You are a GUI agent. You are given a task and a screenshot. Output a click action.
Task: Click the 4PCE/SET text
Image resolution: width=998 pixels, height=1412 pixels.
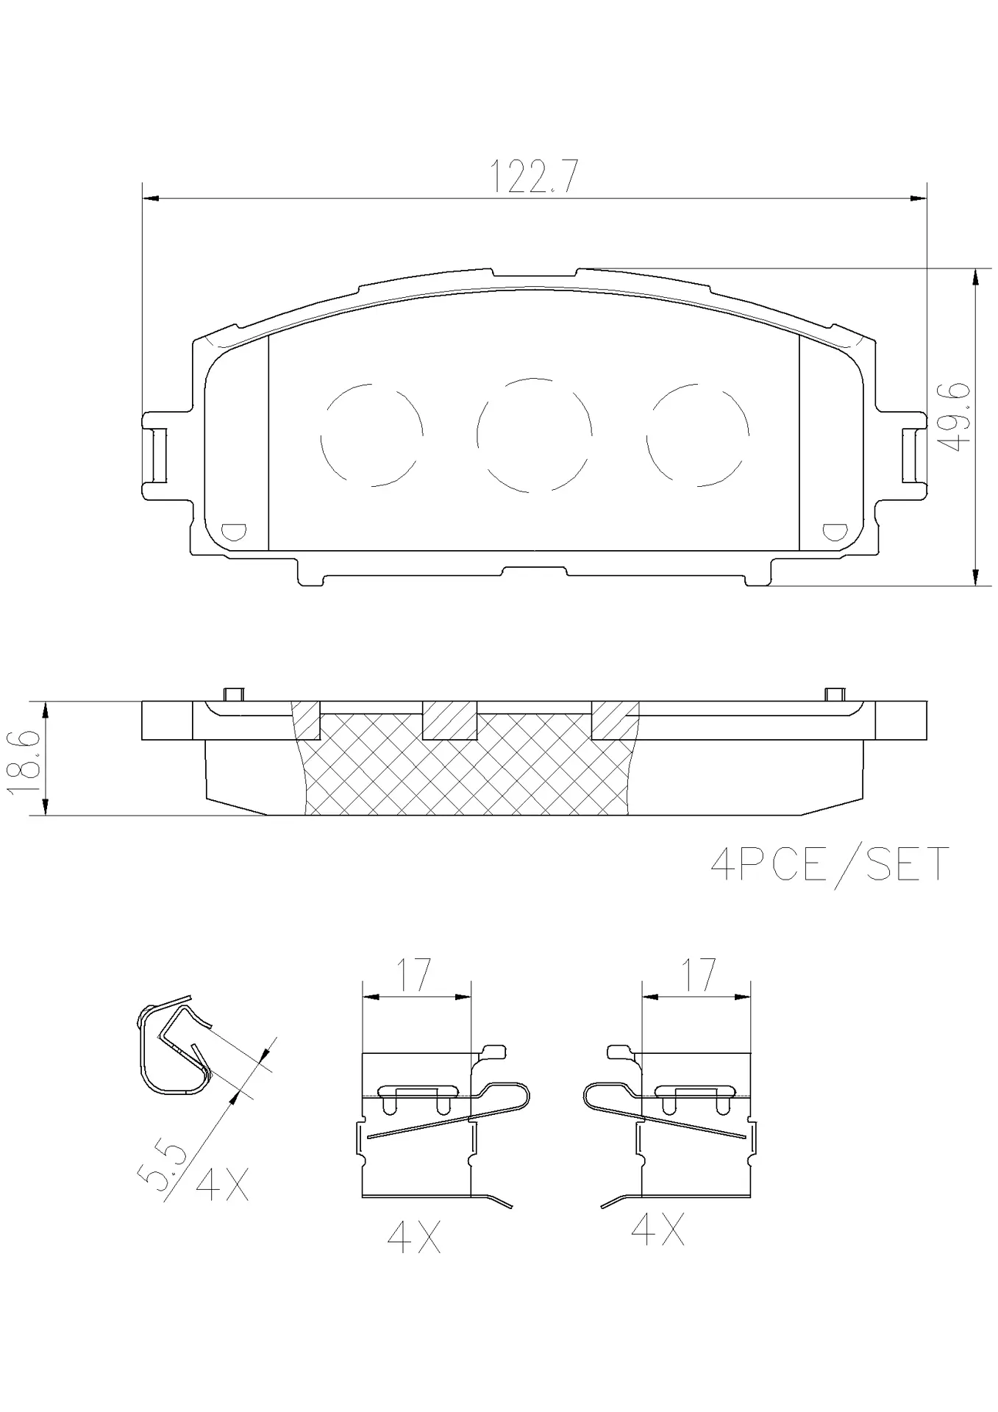pos(830,864)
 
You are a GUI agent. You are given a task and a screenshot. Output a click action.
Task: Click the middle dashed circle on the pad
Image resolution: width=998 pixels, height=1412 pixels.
pos(534,435)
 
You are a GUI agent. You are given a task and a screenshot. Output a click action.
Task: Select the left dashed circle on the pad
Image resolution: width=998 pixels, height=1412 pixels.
pos(372,435)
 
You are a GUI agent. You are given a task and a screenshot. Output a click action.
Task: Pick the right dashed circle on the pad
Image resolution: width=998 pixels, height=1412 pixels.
pos(697,435)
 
